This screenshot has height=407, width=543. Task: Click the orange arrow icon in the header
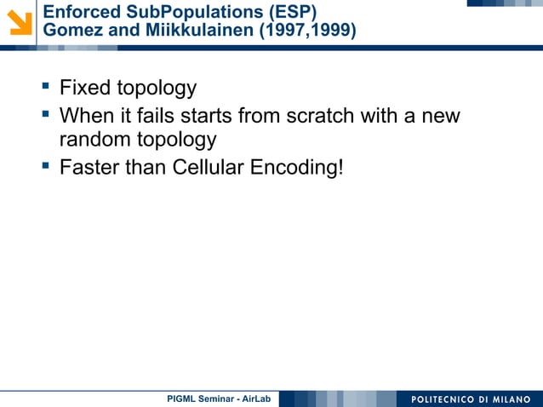[18, 21]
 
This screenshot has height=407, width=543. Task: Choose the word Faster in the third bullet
[89, 166]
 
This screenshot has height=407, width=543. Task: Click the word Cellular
[209, 166]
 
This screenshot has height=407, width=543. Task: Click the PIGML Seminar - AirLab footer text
[217, 399]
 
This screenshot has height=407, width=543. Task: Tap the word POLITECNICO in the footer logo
[446, 399]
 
